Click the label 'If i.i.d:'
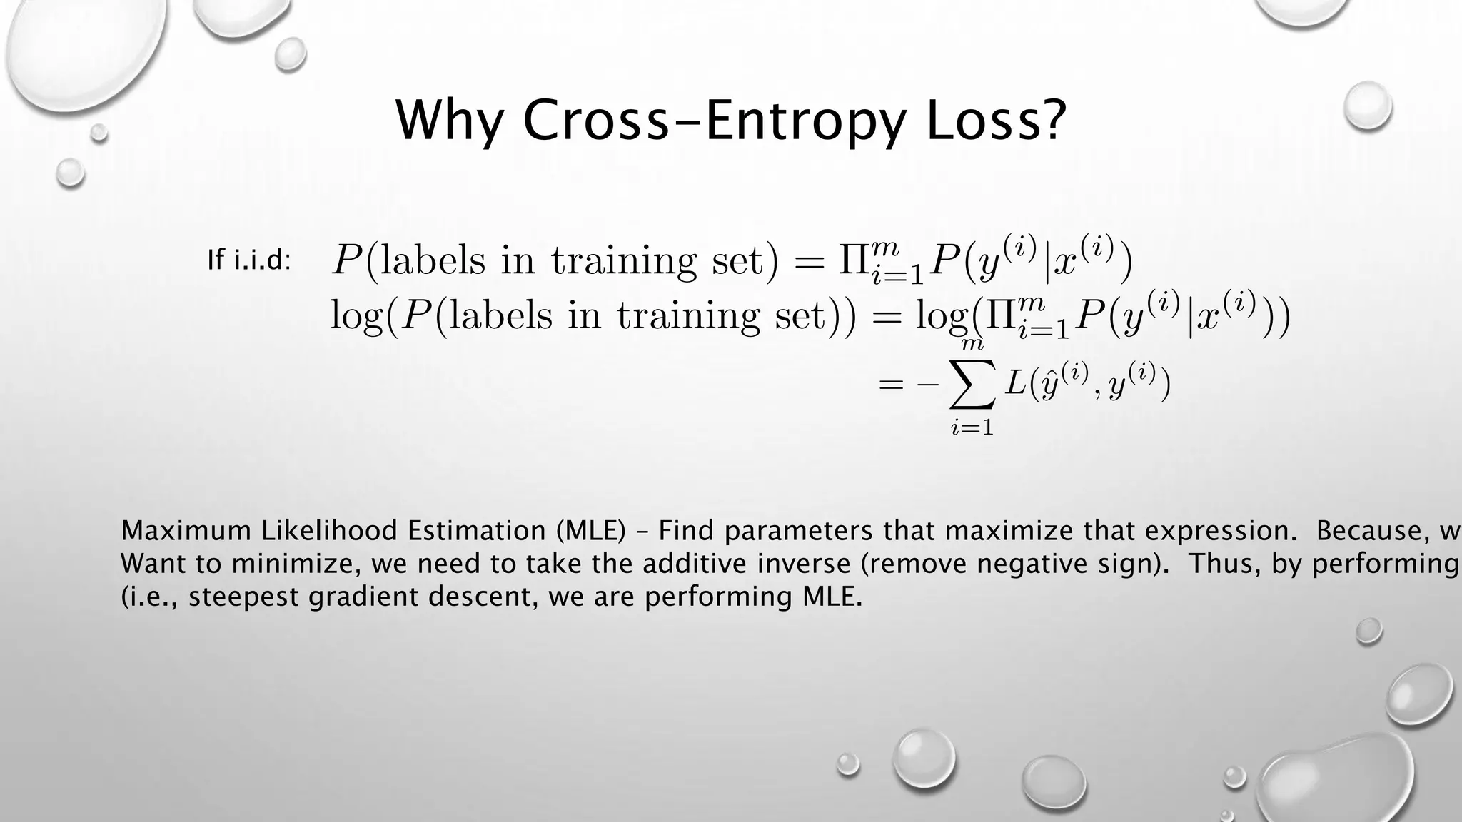pos(249,260)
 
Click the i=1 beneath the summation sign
pos(972,427)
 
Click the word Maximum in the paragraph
pos(187,531)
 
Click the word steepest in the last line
pos(245,597)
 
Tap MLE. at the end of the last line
pos(828,597)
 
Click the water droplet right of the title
pos(1367,106)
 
